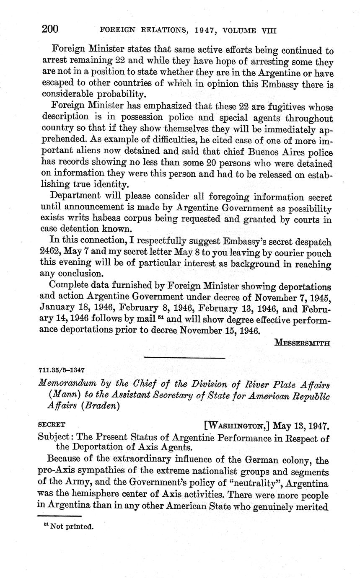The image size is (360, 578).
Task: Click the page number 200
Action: coord(49,29)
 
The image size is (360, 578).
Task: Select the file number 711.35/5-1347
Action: coord(62,371)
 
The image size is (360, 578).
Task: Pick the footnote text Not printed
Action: coord(71,526)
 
